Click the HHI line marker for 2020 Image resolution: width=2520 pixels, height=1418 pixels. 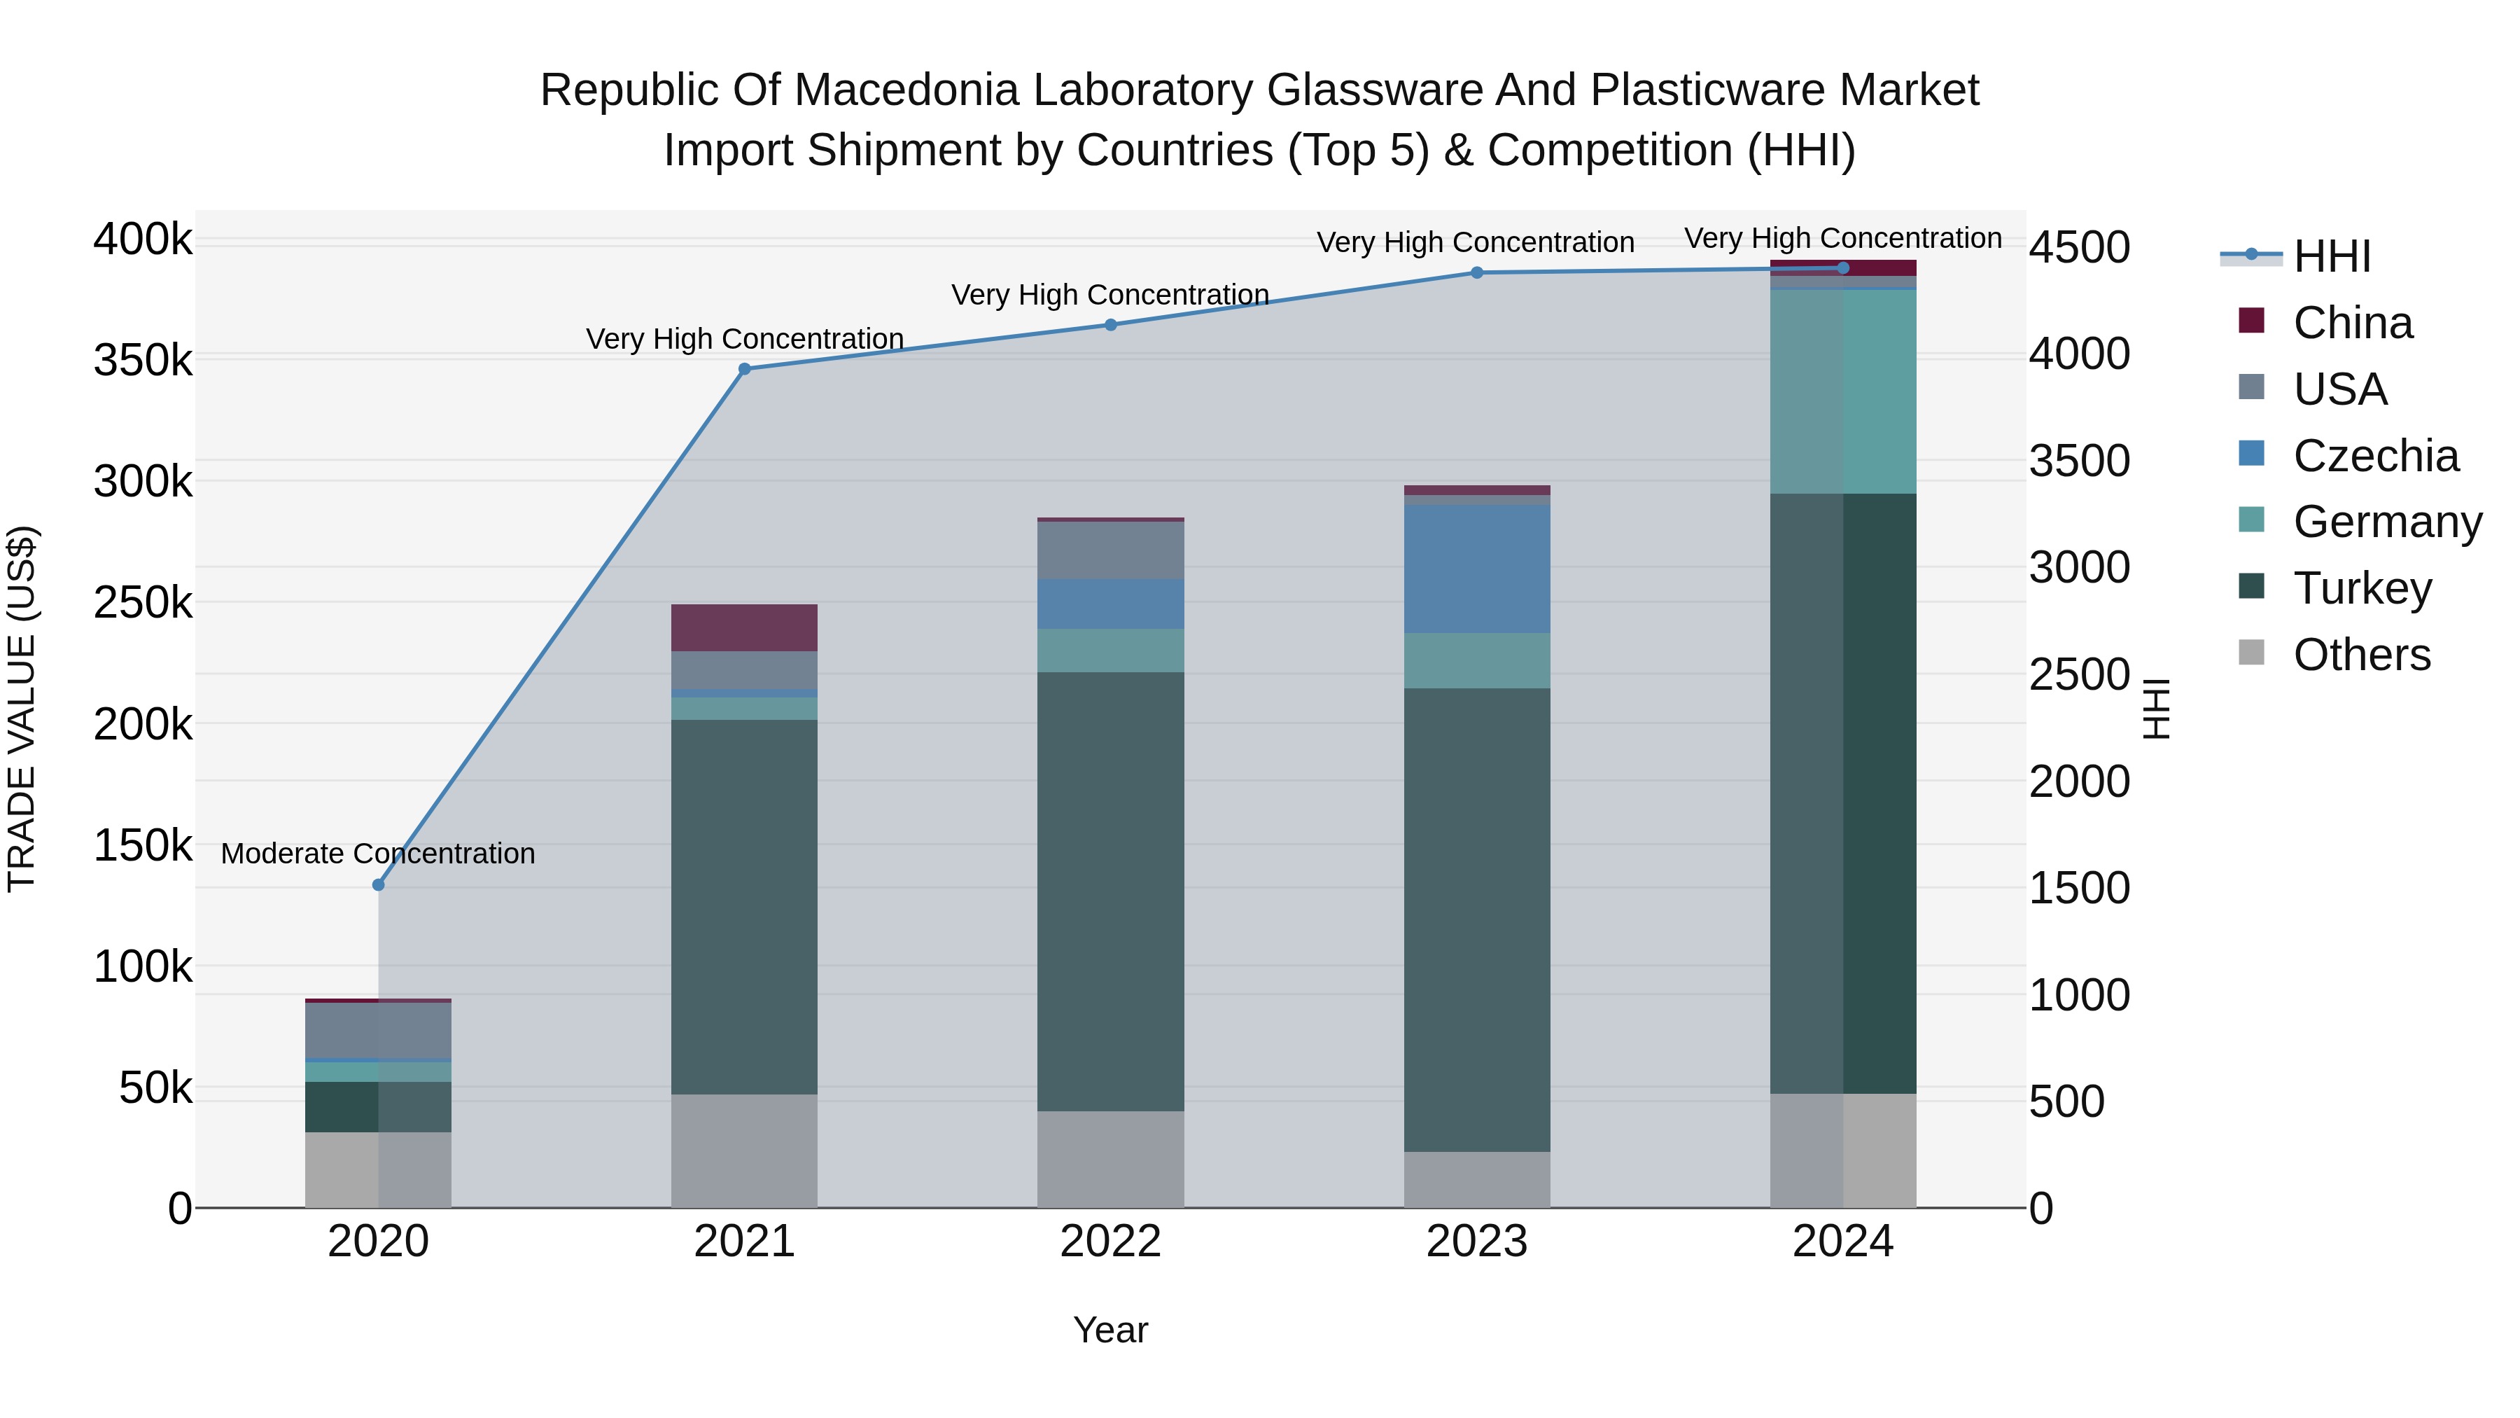(x=379, y=884)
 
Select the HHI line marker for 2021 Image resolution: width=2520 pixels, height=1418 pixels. (x=745, y=369)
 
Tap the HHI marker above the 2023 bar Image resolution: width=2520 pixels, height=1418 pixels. (x=1477, y=273)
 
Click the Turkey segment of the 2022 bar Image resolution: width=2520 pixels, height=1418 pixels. (x=1110, y=891)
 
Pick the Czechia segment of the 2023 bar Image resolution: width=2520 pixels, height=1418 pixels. (x=1477, y=569)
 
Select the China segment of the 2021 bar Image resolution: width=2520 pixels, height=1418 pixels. (x=745, y=627)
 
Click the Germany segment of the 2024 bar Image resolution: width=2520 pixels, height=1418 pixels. (x=1843, y=391)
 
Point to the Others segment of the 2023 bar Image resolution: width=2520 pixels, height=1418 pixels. (x=1477, y=1179)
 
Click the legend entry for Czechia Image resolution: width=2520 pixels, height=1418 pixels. (x=2375, y=456)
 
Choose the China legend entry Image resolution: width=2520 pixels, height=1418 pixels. (x=2352, y=323)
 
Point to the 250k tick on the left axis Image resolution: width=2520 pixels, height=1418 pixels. (x=143, y=603)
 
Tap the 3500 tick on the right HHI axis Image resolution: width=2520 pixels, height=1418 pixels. (x=2079, y=461)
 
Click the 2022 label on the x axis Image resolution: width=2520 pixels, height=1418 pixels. (x=1110, y=1242)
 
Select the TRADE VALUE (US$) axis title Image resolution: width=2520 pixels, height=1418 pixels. (x=22, y=709)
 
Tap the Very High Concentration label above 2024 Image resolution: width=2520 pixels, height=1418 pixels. (x=1843, y=238)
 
